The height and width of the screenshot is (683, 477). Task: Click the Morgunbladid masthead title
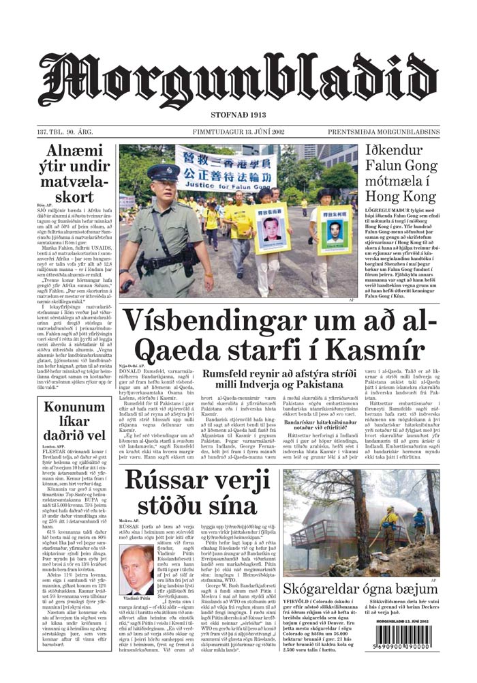[x=238, y=81]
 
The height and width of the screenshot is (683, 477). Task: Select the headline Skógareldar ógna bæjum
[x=360, y=590]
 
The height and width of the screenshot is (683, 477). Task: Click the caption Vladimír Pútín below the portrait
[x=138, y=598]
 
